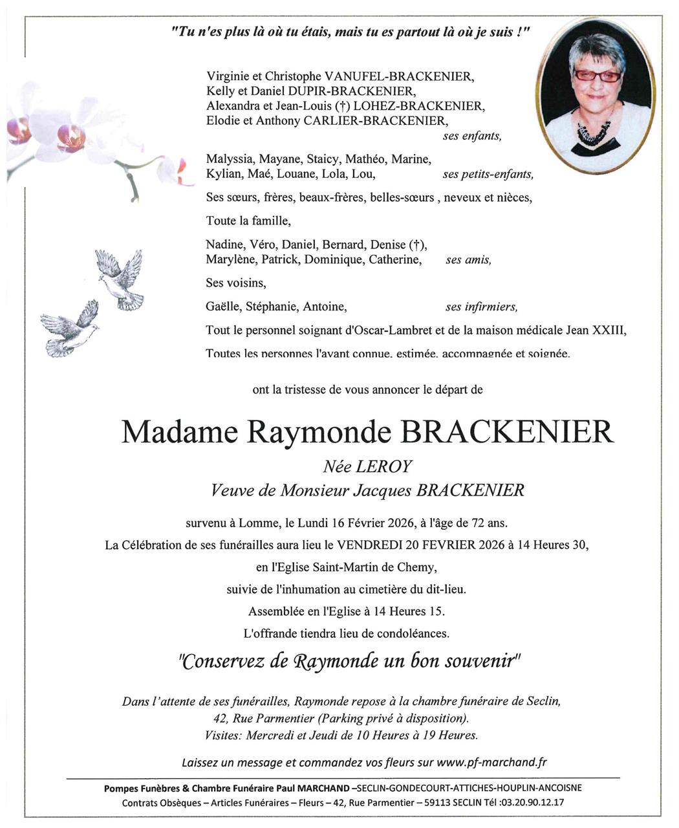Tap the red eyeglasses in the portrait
point(597,76)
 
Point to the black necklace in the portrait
point(593,132)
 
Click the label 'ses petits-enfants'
point(488,175)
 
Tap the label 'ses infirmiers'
point(481,307)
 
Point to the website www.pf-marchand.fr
point(491,762)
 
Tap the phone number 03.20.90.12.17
point(531,803)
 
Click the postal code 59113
point(445,803)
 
